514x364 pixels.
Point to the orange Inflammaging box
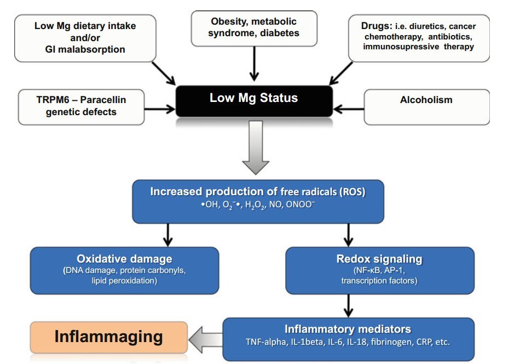coord(108,336)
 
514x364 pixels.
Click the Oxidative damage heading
coord(124,259)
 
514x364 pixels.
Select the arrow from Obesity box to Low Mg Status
coord(253,63)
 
